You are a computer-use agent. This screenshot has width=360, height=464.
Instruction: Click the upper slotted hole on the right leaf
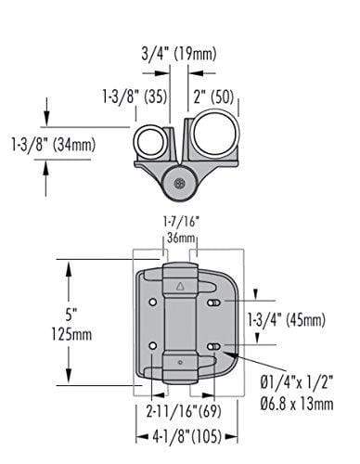[x=214, y=303]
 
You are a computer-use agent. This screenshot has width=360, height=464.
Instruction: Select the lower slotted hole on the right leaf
[x=214, y=347]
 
